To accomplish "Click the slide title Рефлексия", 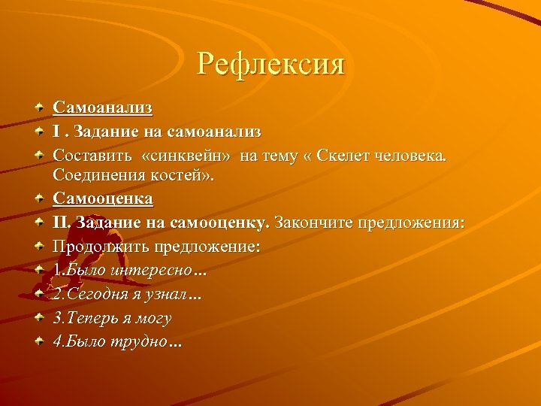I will pos(270,64).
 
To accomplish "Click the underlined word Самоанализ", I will pos(103,108).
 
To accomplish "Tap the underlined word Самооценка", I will pos(103,199).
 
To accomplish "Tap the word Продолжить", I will pos(101,246).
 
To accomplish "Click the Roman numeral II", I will pos(61,223).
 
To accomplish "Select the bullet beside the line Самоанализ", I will pos(39,109).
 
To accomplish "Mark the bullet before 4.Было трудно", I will pos(39,341).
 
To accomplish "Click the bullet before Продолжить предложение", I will pos(39,247).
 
